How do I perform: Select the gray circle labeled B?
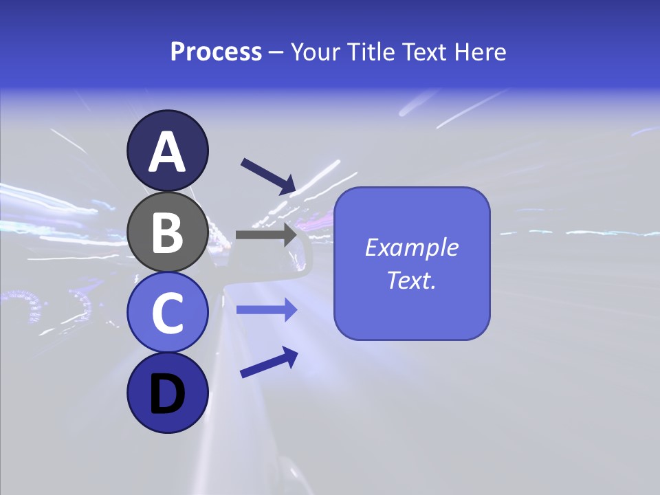tap(167, 232)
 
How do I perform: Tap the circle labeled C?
tap(167, 313)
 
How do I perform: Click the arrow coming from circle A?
tap(268, 175)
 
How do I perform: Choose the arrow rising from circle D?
tap(269, 362)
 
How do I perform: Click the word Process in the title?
tap(216, 52)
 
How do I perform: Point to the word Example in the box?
tap(412, 247)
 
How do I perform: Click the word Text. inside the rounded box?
tap(412, 280)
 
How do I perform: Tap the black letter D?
tap(168, 395)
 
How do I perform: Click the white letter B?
tap(168, 232)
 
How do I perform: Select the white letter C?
tap(168, 313)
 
